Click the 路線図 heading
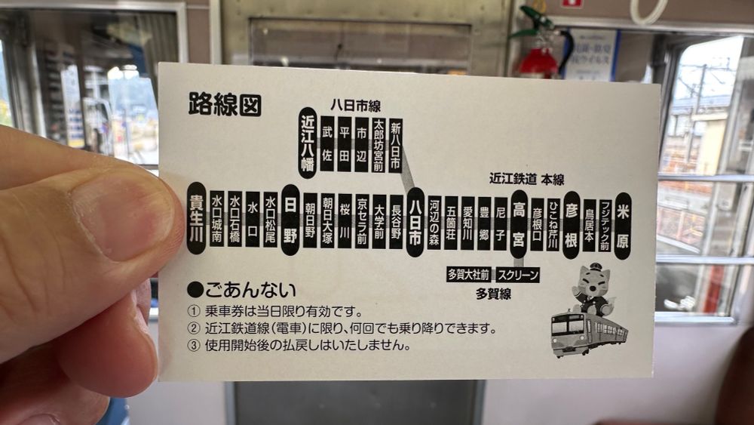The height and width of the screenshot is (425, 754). pos(225,104)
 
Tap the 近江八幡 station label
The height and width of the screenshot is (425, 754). pos(308,143)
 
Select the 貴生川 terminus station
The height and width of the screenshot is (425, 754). pos(196,218)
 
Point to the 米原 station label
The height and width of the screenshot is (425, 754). pos(624,226)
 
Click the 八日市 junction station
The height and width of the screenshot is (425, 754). pos(415,223)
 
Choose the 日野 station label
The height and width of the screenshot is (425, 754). pos(290,220)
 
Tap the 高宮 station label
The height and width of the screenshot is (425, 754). pos(519,224)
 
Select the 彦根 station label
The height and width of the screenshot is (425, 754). pos(572,225)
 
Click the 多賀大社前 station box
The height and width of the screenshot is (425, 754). pos(468,274)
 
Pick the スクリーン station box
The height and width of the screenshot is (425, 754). pos(518,275)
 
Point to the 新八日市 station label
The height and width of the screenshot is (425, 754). pos(395,146)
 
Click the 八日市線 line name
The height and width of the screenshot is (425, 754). pos(355,106)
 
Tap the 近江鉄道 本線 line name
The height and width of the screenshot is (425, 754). pos(526,179)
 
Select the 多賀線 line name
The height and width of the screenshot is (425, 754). pos(493,294)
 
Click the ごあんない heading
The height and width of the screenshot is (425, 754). pos(242,290)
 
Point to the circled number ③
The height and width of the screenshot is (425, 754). pos(193,346)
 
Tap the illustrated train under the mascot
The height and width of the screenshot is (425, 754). pos(589,334)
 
